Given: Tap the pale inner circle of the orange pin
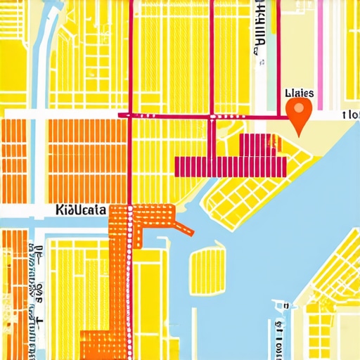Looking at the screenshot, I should point(300,109).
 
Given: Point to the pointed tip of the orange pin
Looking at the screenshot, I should point(300,134).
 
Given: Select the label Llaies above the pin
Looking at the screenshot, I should point(299,93).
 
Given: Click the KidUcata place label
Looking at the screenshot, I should point(80,210).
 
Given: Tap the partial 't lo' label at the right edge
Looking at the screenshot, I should point(350,115).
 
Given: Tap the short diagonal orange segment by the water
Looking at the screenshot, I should point(184,227).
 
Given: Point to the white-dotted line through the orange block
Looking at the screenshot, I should point(129,281).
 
